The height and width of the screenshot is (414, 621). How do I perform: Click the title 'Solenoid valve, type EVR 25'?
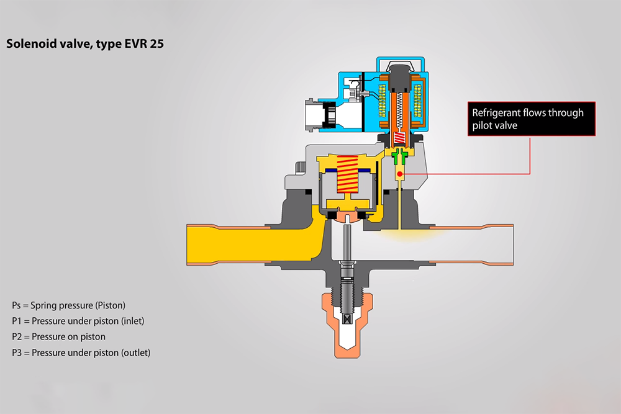click(84, 44)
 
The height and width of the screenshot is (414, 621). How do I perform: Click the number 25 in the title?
click(156, 43)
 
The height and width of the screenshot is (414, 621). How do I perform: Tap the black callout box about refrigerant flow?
click(531, 119)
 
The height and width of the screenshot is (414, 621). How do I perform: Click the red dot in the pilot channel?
click(400, 174)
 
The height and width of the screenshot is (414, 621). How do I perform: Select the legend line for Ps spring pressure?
click(68, 305)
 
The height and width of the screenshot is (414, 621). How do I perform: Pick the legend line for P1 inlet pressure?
click(78, 321)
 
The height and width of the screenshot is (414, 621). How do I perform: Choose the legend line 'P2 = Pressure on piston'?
click(58, 337)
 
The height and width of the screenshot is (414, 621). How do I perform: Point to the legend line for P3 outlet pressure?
click(81, 353)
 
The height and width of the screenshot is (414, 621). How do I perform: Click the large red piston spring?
click(347, 174)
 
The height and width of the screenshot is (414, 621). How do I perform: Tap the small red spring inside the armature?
click(399, 138)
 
